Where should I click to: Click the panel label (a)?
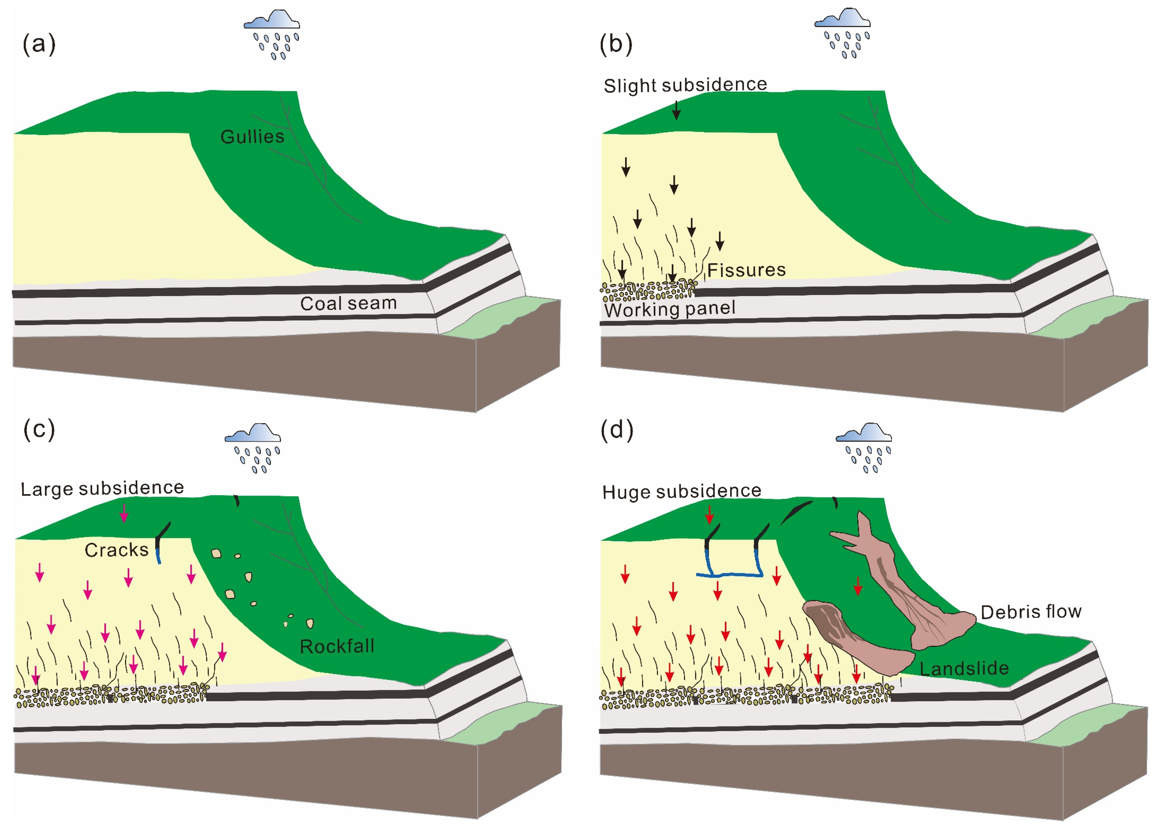tap(39, 44)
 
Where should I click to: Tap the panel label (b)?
tap(616, 44)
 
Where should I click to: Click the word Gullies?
tap(252, 137)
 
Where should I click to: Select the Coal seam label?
tap(348, 303)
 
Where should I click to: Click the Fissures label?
tap(746, 270)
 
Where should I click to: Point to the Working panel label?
tap(669, 309)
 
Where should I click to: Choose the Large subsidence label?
tap(102, 488)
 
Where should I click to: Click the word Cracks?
tap(117, 550)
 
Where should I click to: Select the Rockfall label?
tap(336, 646)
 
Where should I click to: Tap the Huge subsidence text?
tap(682, 491)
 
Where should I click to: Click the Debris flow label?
tap(1031, 612)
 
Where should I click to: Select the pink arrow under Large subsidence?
tap(123, 513)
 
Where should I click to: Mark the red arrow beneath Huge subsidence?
tap(709, 514)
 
